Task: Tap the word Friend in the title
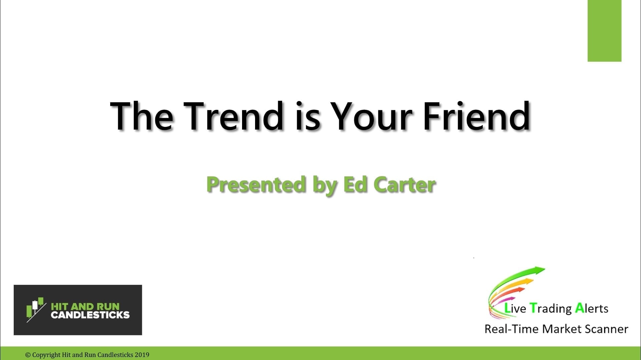coord(476,116)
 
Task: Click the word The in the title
coord(142,116)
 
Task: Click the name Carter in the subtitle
coord(405,185)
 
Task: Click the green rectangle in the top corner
coord(604,31)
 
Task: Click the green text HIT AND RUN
coord(85,306)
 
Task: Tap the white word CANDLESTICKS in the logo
coord(90,315)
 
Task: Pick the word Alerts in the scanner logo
coord(592,308)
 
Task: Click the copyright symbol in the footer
coord(28,355)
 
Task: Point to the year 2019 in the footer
coord(142,355)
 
